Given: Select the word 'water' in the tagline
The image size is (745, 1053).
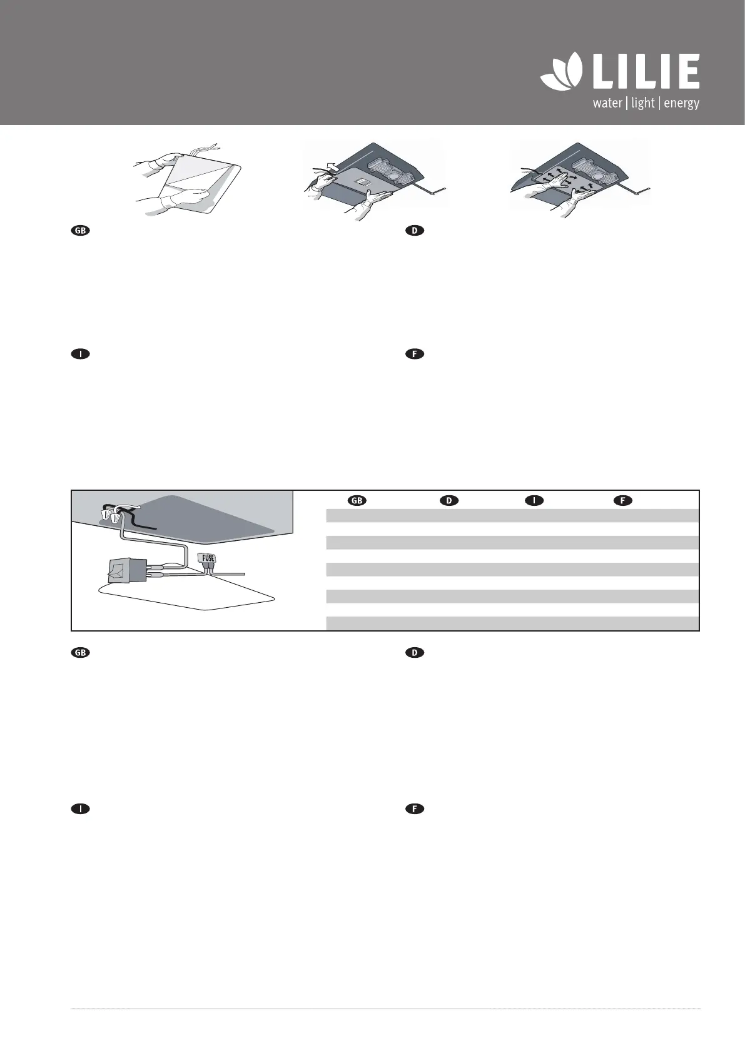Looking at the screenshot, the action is (607, 103).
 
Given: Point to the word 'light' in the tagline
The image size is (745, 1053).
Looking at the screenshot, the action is (642, 103).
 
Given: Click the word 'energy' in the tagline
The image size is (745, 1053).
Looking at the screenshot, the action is (681, 103).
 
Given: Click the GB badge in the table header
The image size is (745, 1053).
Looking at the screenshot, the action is (357, 501).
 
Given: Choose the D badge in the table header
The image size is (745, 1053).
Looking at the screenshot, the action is (449, 501).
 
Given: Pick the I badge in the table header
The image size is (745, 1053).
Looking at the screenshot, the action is (532, 501).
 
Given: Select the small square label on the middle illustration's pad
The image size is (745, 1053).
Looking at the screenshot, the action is (362, 182).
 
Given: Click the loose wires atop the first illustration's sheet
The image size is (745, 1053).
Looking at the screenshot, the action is (207, 149).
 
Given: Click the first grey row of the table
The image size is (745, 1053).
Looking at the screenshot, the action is (512, 515).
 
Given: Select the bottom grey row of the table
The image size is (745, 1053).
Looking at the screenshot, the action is (512, 623).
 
